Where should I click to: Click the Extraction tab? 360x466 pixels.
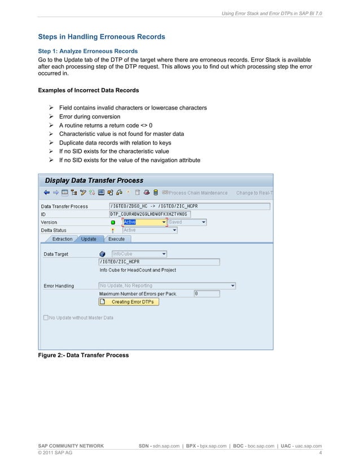pos(62,239)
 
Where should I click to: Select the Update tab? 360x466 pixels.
pos(89,239)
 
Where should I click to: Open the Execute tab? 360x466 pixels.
pos(116,239)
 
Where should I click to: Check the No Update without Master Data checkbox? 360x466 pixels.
pos(46,318)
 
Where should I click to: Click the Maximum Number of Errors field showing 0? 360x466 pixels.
pos(203,293)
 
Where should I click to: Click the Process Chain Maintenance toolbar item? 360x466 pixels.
pos(197,192)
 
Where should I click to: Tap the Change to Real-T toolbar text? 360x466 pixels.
pos(254,192)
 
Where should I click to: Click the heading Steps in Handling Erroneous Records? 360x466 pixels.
pos(102,37)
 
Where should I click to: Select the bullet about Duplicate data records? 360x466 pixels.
pos(115,143)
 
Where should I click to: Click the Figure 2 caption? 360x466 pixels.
pos(83,355)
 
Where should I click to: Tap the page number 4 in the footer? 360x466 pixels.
pos(320,452)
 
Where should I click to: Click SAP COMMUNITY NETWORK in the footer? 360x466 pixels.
pos(71,446)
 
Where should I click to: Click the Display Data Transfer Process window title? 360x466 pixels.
pos(94,181)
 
